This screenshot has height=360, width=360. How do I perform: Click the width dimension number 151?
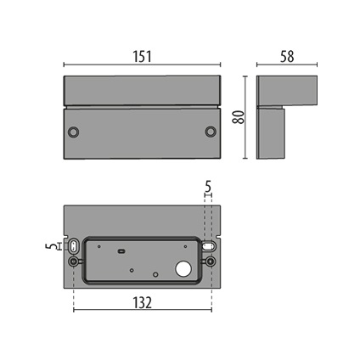[x=142, y=56]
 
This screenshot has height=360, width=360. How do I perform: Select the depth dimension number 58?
[x=286, y=56]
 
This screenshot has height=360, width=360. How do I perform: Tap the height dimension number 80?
[x=240, y=117]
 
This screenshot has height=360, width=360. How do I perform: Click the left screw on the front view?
[x=74, y=132]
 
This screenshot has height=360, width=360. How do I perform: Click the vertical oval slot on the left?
[x=74, y=246]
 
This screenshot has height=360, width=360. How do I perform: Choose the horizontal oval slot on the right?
[x=208, y=245]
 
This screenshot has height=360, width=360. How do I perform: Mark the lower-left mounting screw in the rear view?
[x=75, y=262]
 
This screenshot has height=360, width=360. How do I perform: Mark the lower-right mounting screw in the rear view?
[x=209, y=262]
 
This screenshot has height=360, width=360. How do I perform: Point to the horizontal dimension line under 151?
[x=142, y=65]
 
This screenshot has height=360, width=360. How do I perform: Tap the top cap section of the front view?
[x=142, y=90]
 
